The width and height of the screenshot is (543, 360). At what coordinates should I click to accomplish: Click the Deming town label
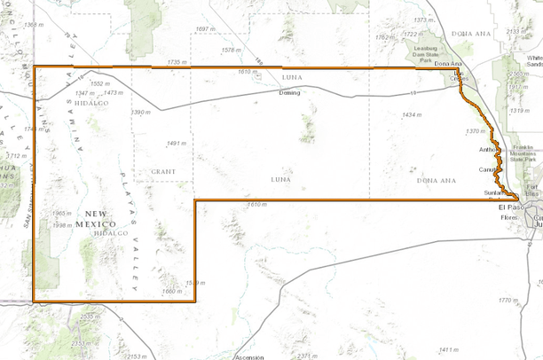(x=289, y=92)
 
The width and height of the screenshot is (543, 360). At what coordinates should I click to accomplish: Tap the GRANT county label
(x=163, y=171)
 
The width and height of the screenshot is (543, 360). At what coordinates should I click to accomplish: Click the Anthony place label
(x=489, y=150)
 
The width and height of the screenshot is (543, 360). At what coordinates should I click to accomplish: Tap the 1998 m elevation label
(x=62, y=225)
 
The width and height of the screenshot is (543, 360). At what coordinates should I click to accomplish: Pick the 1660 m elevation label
(x=172, y=292)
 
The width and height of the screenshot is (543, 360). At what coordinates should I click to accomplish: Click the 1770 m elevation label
(x=508, y=301)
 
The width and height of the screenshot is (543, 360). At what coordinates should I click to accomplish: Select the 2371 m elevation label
(x=307, y=355)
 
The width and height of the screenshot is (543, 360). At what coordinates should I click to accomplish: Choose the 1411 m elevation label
(x=449, y=349)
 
